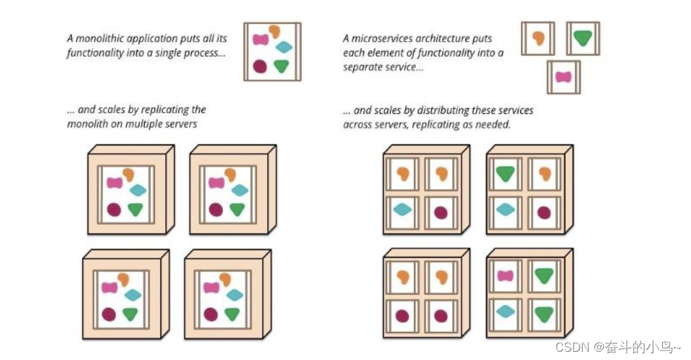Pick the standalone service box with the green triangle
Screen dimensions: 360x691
(583, 38)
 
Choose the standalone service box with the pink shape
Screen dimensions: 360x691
(563, 77)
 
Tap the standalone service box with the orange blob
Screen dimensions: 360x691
(538, 38)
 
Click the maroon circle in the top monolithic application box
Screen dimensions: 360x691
(260, 67)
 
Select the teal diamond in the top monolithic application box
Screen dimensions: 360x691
(283, 47)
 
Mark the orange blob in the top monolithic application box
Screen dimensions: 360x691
(274, 31)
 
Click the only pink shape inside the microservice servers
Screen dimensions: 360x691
(505, 276)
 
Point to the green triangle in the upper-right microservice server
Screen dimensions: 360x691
(505, 174)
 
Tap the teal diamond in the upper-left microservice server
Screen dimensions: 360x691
(402, 210)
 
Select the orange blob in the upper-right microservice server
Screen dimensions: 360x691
(544, 174)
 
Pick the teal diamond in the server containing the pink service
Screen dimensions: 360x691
(505, 311)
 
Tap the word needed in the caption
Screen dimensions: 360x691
(496, 125)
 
